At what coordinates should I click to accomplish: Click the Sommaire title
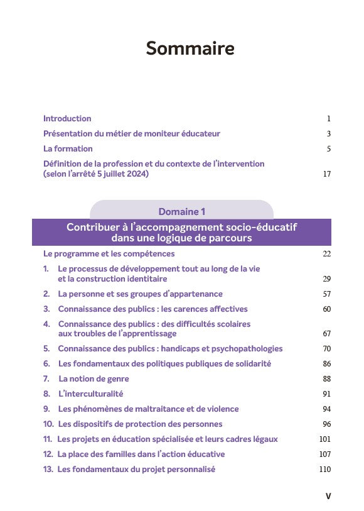190,48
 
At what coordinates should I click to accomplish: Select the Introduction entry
67,118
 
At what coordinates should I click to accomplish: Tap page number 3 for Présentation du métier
328,134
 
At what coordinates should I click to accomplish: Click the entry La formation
68,149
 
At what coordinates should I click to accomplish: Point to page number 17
326,174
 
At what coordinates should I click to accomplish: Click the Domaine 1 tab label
181,212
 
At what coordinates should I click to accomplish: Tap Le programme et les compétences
109,254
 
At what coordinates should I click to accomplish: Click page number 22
326,254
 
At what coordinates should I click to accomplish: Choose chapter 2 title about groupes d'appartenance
140,294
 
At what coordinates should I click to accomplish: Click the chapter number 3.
46,309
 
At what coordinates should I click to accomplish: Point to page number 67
326,334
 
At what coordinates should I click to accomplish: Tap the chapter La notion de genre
94,379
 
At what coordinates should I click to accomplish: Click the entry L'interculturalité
90,394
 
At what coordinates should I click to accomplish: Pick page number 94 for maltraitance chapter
326,409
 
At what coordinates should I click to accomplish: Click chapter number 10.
48,424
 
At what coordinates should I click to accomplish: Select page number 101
325,439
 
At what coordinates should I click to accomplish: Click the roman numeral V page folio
328,496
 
